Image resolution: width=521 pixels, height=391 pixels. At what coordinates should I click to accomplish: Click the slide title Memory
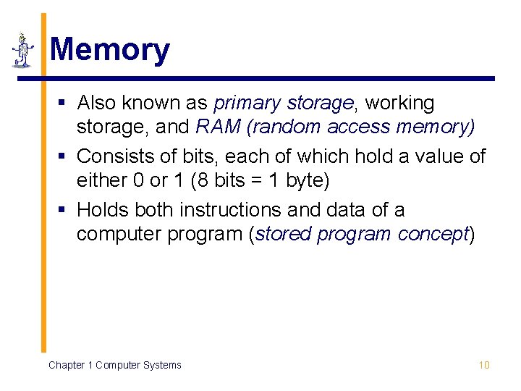coord(110,50)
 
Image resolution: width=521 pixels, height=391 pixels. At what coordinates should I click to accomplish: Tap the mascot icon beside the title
coord(23,50)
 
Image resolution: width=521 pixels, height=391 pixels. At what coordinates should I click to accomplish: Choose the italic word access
coord(357,127)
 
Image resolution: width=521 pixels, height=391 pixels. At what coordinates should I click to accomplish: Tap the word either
coord(101,180)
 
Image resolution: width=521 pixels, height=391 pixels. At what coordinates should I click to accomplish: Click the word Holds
coord(101,210)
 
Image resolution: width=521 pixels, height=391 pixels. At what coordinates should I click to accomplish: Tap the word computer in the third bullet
coord(117,235)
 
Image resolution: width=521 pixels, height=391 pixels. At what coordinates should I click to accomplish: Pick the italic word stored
coord(281,235)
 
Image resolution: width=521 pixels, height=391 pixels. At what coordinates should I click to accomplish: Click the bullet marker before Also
coord(65,104)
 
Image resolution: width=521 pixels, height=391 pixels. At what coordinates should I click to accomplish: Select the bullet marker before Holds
coord(65,210)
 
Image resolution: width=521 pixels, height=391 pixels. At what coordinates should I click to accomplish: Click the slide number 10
coord(484,365)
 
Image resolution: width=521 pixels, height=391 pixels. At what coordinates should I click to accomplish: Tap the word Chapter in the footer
coord(66,365)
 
